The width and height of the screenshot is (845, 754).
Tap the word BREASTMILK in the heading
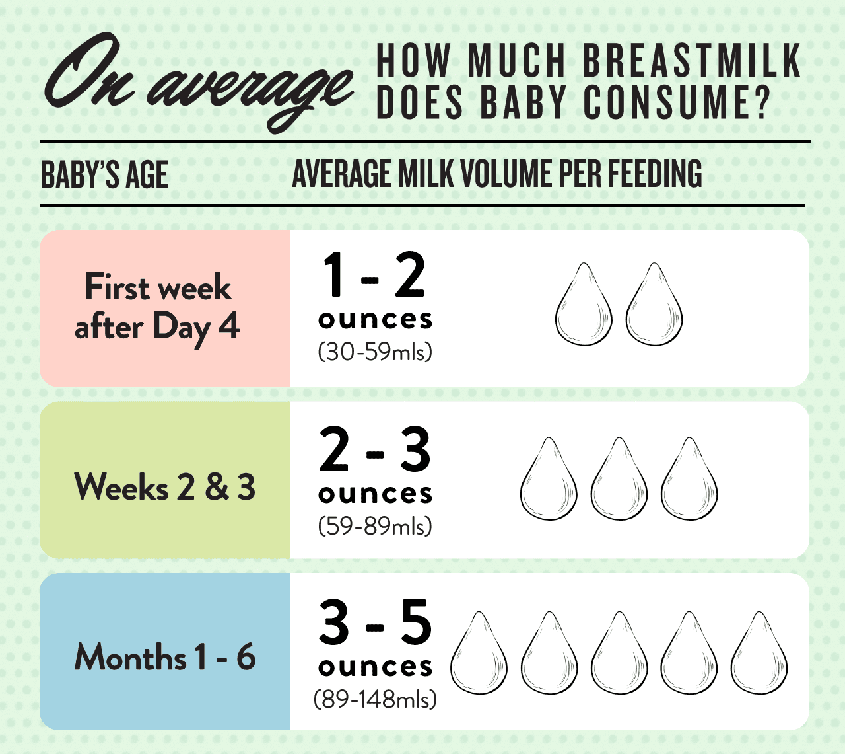point(691,61)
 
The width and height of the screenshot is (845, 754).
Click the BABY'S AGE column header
point(104,175)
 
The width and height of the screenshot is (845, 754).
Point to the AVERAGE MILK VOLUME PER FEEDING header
point(497,174)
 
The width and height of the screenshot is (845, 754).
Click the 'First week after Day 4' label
point(158,308)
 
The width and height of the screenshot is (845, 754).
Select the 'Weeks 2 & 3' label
point(164,488)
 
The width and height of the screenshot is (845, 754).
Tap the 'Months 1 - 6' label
point(165,658)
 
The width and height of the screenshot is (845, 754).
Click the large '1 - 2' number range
point(374,276)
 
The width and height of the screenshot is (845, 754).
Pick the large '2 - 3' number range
point(374,450)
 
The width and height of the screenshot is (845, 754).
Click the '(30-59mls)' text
point(375,352)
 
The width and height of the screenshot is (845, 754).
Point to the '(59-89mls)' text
point(375,526)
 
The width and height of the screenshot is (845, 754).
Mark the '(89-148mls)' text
point(375,698)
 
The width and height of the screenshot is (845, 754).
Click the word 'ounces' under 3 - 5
point(375,667)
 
